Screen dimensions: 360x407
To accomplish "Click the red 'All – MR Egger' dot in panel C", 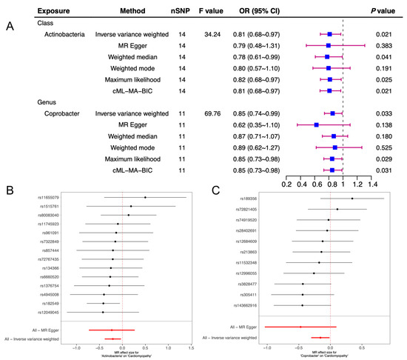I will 300,327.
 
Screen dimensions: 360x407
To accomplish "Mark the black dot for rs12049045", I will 103,312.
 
